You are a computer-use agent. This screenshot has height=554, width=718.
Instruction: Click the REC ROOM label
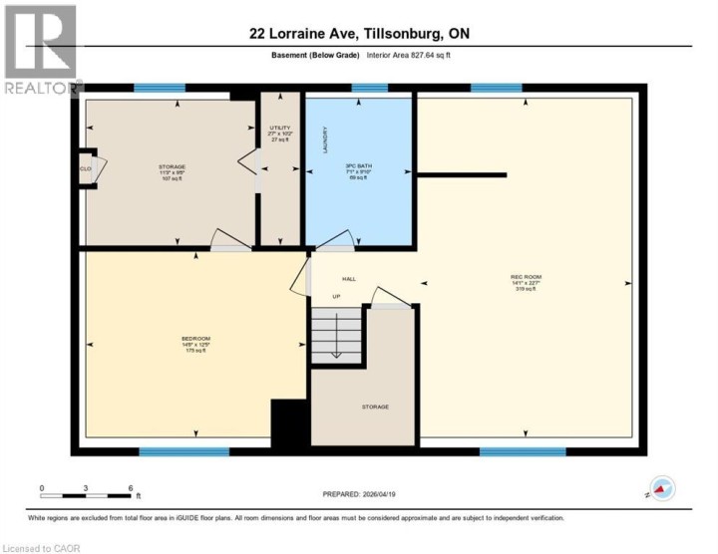[x=525, y=276]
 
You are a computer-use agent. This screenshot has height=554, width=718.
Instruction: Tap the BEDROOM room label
[x=196, y=339]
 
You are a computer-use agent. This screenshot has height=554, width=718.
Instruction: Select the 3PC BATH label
[x=358, y=164]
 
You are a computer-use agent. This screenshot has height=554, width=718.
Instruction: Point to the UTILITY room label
[x=280, y=128]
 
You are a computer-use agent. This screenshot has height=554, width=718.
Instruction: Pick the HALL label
[x=349, y=279]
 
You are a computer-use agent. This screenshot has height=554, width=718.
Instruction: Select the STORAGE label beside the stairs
[x=375, y=407]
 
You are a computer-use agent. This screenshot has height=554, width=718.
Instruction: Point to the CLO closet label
[x=86, y=168]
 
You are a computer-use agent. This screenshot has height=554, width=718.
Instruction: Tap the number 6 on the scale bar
[x=131, y=488]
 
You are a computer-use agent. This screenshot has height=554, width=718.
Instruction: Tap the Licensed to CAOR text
[x=41, y=547]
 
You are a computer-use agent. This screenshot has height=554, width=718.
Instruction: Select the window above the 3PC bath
[x=370, y=88]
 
